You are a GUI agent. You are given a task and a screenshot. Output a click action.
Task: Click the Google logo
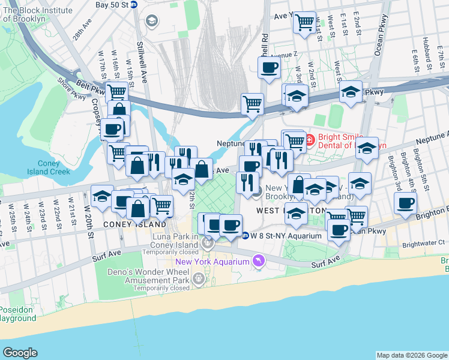[20, 353]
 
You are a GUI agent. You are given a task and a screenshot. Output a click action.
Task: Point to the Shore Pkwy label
[71, 88]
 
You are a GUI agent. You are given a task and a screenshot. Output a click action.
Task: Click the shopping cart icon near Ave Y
[304, 23]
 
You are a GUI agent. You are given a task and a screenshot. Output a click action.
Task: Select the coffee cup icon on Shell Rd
[269, 67]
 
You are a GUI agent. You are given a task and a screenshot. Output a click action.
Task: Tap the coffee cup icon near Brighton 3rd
[406, 203]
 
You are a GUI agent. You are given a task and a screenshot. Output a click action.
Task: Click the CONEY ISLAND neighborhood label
[134, 224]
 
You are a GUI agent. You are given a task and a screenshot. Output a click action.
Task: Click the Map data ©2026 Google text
[411, 355]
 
